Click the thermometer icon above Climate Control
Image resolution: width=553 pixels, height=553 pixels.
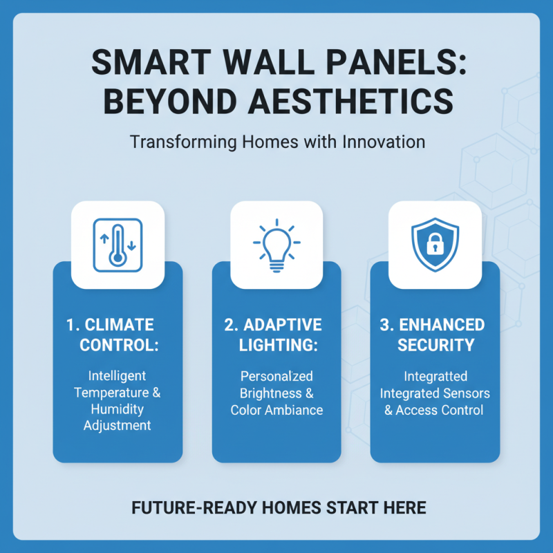pos(118,243)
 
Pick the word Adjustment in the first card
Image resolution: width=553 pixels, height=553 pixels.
pos(118,425)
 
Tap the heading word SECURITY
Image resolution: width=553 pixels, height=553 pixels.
pos(435,344)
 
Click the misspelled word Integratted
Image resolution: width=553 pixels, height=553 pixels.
pos(435,377)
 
